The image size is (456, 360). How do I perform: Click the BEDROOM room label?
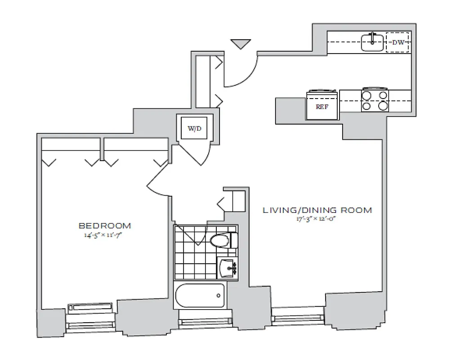pos(105,225)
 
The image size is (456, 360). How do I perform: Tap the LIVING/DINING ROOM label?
pos(317,210)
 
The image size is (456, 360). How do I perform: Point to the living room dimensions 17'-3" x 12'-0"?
pos(317,219)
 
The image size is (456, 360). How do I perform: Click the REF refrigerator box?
pos(322,107)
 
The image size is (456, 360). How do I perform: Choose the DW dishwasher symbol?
pos(397,43)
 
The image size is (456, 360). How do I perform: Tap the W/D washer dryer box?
pos(194,129)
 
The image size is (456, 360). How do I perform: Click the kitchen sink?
pos(373,43)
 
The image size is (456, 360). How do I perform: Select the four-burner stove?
pos(375,100)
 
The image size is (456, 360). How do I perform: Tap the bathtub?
pos(200,296)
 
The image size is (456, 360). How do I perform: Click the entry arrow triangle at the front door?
pos(240,44)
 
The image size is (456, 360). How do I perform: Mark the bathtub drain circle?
pos(219,296)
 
